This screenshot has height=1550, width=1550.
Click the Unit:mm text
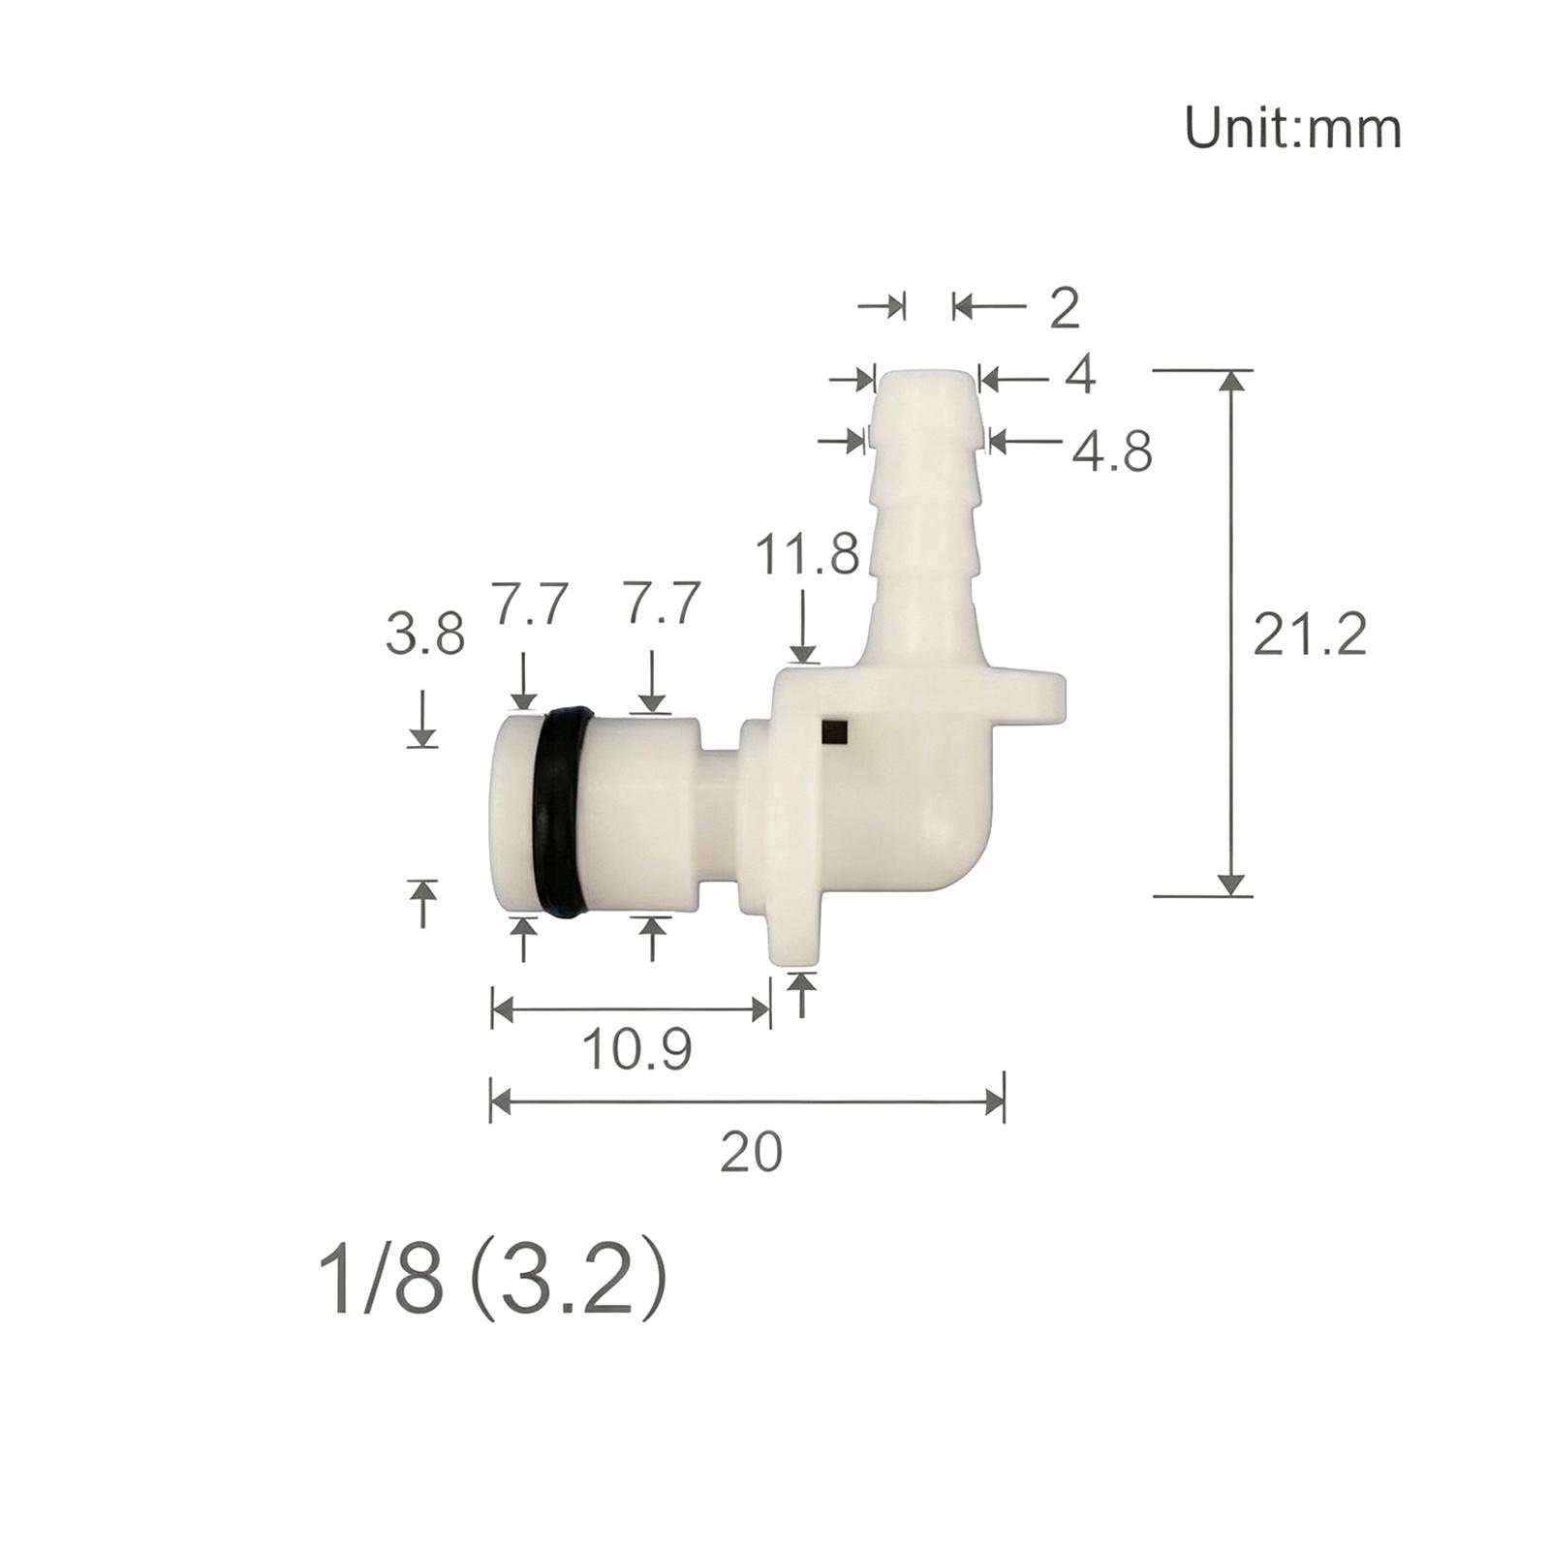click(x=1292, y=129)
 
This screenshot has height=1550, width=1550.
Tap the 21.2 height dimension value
click(x=1310, y=635)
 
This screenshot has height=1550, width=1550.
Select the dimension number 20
click(x=752, y=1153)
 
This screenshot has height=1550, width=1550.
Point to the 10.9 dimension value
click(x=637, y=1048)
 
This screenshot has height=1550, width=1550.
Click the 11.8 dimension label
click(x=807, y=555)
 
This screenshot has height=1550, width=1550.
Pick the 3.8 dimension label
click(x=425, y=635)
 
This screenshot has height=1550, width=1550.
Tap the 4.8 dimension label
click(x=1112, y=450)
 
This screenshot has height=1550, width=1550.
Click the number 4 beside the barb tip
click(x=1080, y=374)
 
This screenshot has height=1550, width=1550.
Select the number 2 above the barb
click(x=1065, y=307)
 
